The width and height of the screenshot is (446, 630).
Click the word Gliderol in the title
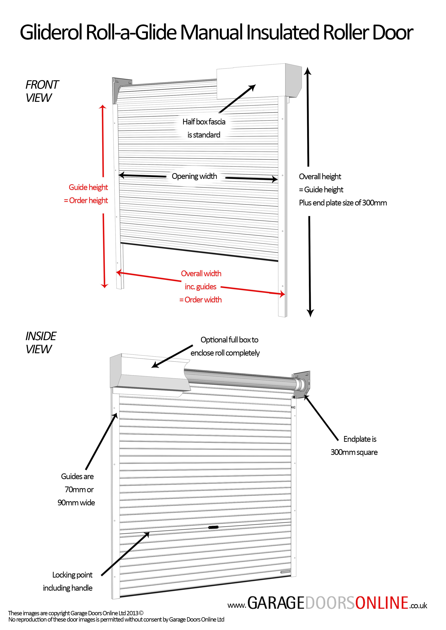pyautogui.click(x=51, y=32)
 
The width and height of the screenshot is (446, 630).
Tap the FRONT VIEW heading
pyautogui.click(x=42, y=91)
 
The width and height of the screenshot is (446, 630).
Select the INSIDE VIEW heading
pyautogui.click(x=40, y=343)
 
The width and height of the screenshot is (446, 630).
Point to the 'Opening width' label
pyautogui.click(x=194, y=176)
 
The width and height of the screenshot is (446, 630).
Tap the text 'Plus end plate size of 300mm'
pyautogui.click(x=343, y=203)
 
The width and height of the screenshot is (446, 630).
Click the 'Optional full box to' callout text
pyautogui.click(x=229, y=340)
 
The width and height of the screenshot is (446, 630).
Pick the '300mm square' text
pyautogui.click(x=354, y=452)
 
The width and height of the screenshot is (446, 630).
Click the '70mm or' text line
pyautogui.click(x=79, y=490)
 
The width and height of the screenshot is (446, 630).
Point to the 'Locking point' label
pyautogui.click(x=72, y=575)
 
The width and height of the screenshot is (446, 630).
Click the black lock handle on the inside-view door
pyautogui.click(x=213, y=527)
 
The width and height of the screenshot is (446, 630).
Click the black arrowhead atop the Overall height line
pyautogui.click(x=308, y=71)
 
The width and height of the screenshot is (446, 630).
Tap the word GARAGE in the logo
pyautogui.click(x=276, y=603)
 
